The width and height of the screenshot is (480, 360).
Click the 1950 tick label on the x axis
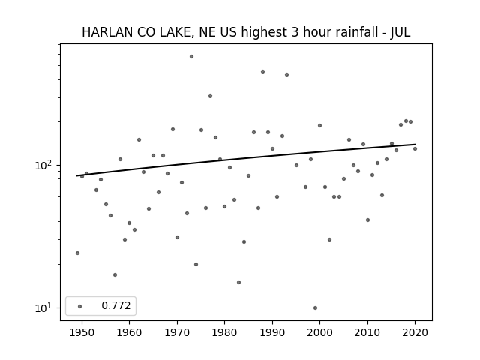(x=82, y=332)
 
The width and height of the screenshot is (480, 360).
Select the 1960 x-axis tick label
(x=129, y=332)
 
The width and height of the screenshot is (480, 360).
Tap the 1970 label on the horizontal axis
(x=177, y=332)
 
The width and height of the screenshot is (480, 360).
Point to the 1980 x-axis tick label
(x=224, y=332)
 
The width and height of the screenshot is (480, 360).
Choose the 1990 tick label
(x=272, y=332)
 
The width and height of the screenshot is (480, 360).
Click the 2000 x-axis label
(x=320, y=332)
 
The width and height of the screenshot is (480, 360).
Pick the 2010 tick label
(x=367, y=332)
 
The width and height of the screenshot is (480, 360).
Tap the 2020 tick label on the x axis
(x=415, y=332)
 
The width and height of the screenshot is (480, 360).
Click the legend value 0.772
(x=116, y=305)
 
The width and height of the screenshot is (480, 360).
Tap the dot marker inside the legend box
(x=80, y=306)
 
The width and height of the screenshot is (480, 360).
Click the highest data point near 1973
(x=192, y=57)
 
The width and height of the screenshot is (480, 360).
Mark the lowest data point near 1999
(x=315, y=307)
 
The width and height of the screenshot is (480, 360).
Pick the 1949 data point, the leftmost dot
(x=77, y=253)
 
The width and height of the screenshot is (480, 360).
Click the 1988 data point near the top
(x=263, y=72)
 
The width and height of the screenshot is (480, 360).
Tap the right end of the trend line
(x=415, y=144)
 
